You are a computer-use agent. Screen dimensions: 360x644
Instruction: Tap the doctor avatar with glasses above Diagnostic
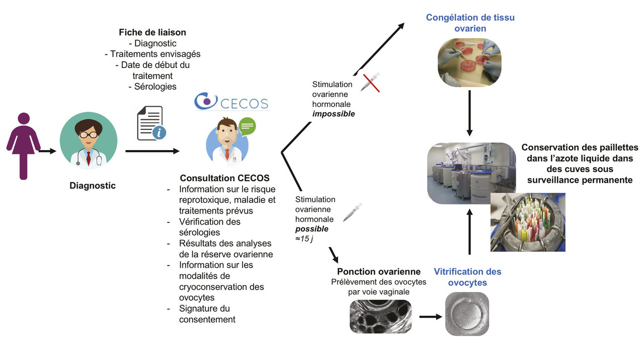click(89, 141)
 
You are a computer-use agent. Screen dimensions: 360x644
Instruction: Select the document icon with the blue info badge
click(151, 123)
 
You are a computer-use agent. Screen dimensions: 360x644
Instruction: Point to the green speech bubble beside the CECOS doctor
click(246, 126)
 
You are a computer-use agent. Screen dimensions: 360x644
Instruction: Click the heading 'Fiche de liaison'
click(152, 32)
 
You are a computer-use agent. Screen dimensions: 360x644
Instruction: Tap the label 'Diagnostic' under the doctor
click(93, 186)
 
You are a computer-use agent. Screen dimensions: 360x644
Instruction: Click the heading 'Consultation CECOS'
click(224, 178)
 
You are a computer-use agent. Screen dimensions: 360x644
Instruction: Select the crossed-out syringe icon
click(370, 82)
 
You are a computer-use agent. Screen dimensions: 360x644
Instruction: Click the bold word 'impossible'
click(334, 114)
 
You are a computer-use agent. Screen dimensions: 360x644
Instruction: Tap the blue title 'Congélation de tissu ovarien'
click(470, 23)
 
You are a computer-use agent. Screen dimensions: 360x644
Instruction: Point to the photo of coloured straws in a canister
click(527, 222)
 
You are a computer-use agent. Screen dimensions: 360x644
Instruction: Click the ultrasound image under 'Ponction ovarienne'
click(380, 316)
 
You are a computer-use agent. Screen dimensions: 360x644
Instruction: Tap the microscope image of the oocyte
click(467, 314)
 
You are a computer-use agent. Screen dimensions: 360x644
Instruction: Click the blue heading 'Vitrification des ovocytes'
click(467, 277)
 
